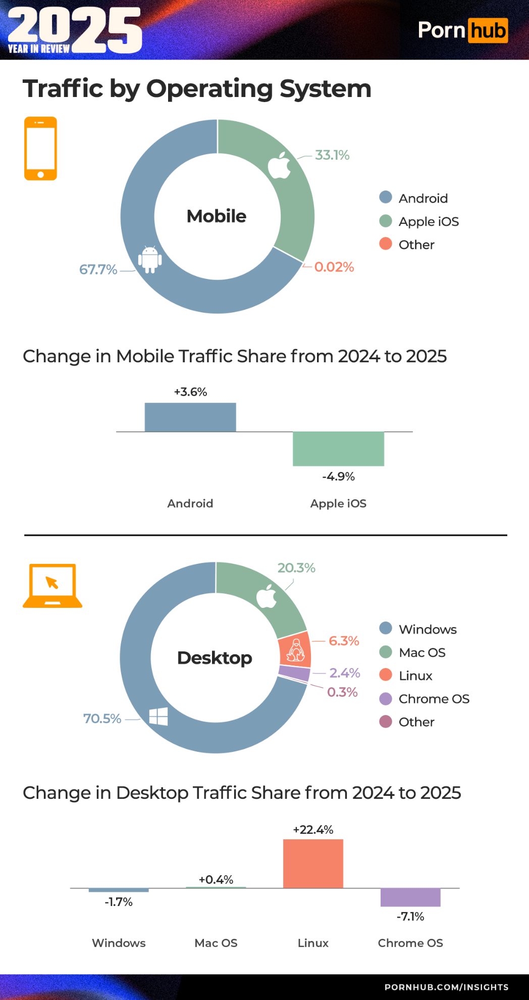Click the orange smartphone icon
pos(40,149)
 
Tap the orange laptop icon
pos(52,586)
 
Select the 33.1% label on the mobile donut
pos(332,155)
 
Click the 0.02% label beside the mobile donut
pos(334,267)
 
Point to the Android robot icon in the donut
pos(150,260)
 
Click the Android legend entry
pos(414,198)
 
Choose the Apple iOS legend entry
pos(419,221)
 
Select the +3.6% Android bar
pos(190,417)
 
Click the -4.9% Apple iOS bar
pos(338,449)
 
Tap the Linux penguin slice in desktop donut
pos(295,650)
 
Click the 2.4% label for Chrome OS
pos(345,673)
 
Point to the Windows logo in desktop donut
pos(158,716)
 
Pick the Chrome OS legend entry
pos(425,699)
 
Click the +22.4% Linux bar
pos(313,864)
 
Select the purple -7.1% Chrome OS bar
pos(410,897)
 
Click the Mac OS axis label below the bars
pos(216,943)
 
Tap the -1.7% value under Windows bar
pos(119,902)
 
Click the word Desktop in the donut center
pos(215,658)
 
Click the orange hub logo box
pos(488,31)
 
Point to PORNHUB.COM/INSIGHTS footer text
pos(446,987)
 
